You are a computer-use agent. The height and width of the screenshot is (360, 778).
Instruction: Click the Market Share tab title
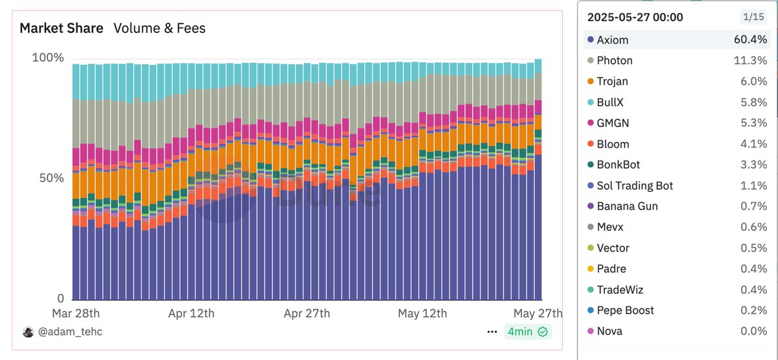[62, 28]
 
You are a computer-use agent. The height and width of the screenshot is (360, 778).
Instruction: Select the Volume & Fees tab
[159, 28]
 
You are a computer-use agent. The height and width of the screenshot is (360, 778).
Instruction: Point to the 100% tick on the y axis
[48, 58]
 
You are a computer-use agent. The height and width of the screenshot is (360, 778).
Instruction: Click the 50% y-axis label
[51, 178]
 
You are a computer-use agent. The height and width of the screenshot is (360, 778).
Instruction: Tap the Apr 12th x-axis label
[191, 313]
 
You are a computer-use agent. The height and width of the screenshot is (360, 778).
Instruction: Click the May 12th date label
[422, 313]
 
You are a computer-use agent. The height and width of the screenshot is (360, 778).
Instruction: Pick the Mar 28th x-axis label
[76, 313]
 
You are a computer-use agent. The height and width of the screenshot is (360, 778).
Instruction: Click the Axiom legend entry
[613, 40]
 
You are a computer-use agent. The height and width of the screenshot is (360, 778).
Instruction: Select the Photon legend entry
[615, 60]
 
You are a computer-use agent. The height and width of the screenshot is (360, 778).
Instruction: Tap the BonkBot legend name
[619, 165]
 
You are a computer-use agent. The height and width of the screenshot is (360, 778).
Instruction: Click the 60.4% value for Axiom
[750, 40]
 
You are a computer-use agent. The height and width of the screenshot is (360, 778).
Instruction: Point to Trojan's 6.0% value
[753, 81]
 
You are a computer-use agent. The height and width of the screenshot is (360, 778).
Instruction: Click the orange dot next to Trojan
[591, 81]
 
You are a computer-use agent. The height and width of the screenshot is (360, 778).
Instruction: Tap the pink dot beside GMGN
[591, 123]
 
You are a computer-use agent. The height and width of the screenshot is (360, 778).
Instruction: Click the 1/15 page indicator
[753, 17]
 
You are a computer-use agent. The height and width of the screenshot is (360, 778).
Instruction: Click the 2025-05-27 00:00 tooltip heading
[635, 17]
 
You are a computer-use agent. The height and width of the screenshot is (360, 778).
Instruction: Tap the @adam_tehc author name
[70, 331]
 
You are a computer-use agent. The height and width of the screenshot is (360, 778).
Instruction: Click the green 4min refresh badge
[528, 331]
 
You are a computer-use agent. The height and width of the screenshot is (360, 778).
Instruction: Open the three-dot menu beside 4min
[492, 332]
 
